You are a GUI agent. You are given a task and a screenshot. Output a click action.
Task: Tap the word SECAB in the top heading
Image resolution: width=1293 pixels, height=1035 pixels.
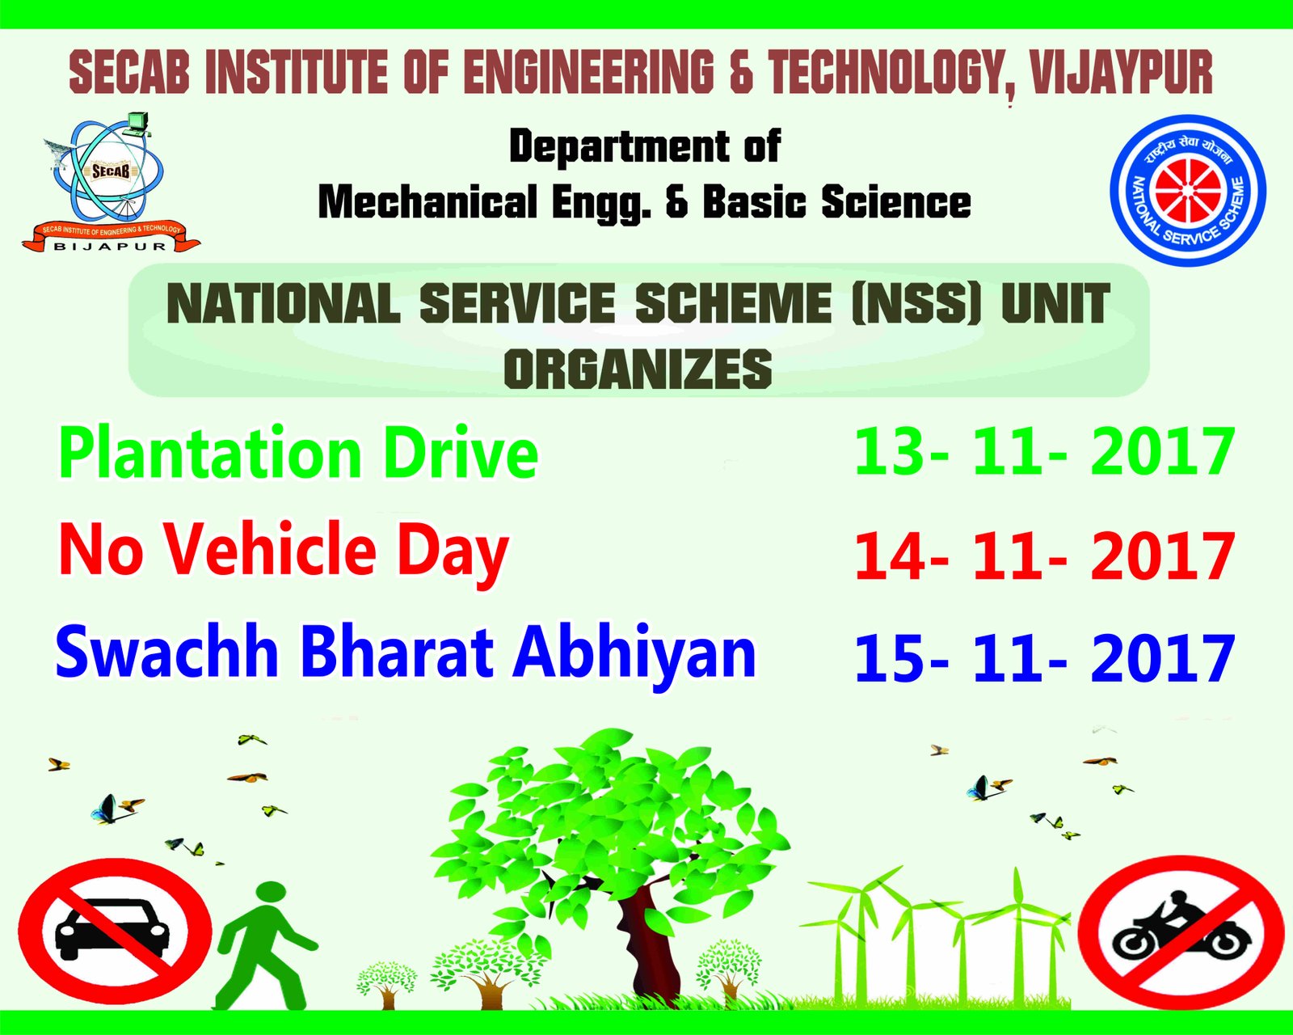coord(128,74)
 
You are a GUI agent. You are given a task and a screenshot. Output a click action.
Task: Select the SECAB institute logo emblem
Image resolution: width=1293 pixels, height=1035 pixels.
coord(111,182)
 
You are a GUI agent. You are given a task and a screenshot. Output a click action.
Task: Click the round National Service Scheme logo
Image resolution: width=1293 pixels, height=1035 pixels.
coord(1188,190)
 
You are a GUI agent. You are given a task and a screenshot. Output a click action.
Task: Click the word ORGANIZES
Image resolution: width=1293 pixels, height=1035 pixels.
coord(638,368)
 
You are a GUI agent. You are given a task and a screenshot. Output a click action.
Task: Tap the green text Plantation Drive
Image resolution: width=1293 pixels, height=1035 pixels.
coord(298,452)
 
